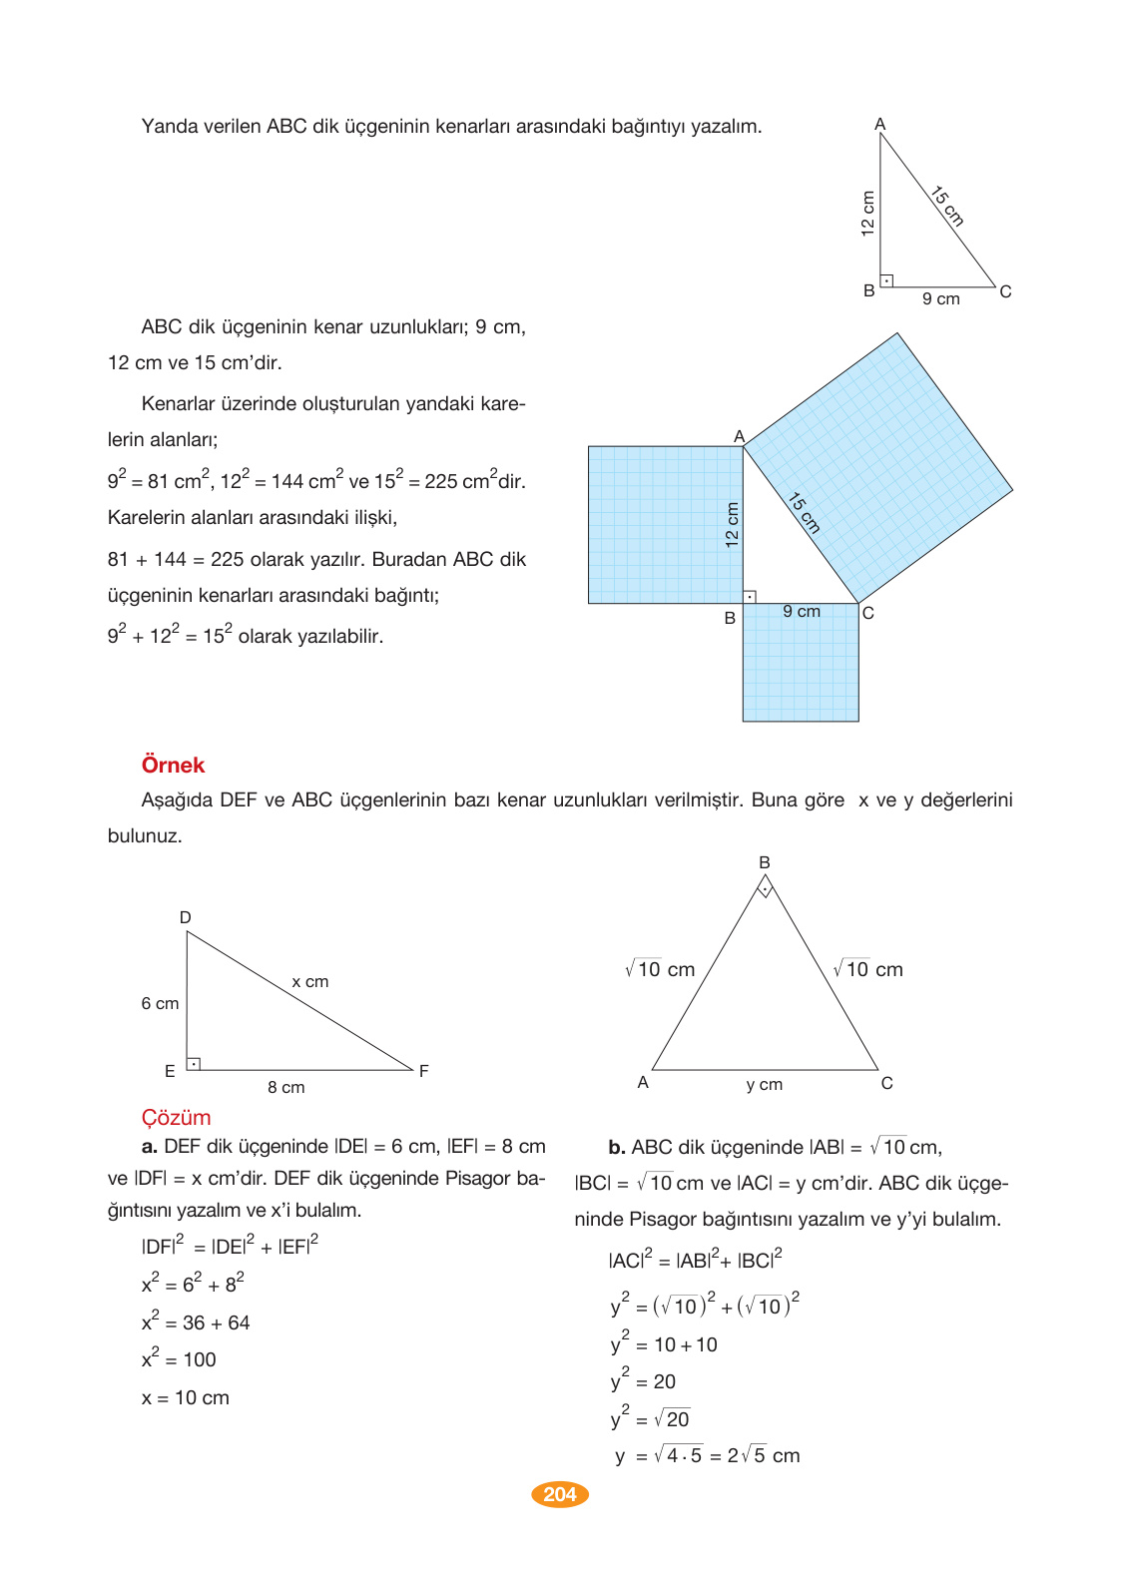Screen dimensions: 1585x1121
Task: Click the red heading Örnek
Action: (x=173, y=766)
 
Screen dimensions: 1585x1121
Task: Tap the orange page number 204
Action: (x=560, y=1494)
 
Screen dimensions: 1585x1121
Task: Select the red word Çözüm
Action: (x=176, y=1118)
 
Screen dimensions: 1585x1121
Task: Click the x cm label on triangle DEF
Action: (x=309, y=982)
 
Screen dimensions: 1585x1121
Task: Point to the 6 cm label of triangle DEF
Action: (x=160, y=1004)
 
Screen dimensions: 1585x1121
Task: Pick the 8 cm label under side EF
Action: (x=285, y=1088)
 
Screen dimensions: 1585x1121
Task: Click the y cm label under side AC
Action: (x=764, y=1085)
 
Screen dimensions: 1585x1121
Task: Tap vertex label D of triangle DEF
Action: (x=185, y=918)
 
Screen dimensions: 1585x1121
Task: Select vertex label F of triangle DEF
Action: (x=424, y=1071)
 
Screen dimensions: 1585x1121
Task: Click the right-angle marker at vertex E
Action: (x=194, y=1064)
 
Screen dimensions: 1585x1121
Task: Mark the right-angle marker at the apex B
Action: (x=765, y=886)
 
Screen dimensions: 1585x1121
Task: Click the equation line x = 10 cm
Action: (x=186, y=1398)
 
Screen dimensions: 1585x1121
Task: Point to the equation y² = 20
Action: (x=643, y=1381)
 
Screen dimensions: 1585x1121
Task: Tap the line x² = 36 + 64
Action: (x=196, y=1322)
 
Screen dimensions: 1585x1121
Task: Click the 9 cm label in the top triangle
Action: (x=940, y=299)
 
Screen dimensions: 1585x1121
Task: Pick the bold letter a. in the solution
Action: (x=150, y=1147)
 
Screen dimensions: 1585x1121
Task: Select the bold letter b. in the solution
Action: (x=616, y=1148)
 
